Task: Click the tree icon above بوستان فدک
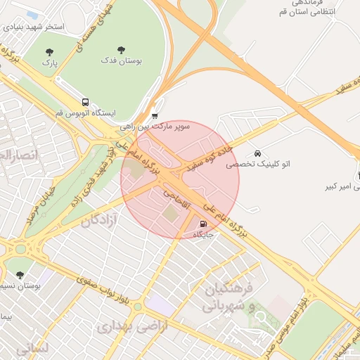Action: [122, 50]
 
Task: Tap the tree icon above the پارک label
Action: [49, 52]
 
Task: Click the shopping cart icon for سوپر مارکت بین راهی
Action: [155, 116]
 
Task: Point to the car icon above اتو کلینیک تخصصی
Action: [258, 153]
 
